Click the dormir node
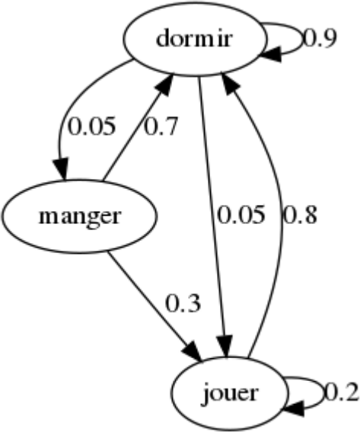pyautogui.click(x=195, y=39)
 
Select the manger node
pyautogui.click(x=80, y=216)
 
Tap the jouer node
pyautogui.click(x=230, y=393)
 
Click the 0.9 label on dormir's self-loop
pyautogui.click(x=320, y=38)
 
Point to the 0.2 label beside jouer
pyautogui.click(x=342, y=392)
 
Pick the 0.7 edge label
pyautogui.click(x=161, y=126)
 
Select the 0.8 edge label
pyautogui.click(x=301, y=215)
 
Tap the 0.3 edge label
pyautogui.click(x=183, y=303)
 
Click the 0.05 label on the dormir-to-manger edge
pyautogui.click(x=91, y=126)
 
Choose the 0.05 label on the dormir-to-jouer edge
pyautogui.click(x=241, y=215)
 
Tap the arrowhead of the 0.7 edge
pyautogui.click(x=164, y=85)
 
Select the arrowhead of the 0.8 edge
pyautogui.click(x=232, y=85)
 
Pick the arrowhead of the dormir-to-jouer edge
pyautogui.click(x=225, y=347)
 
